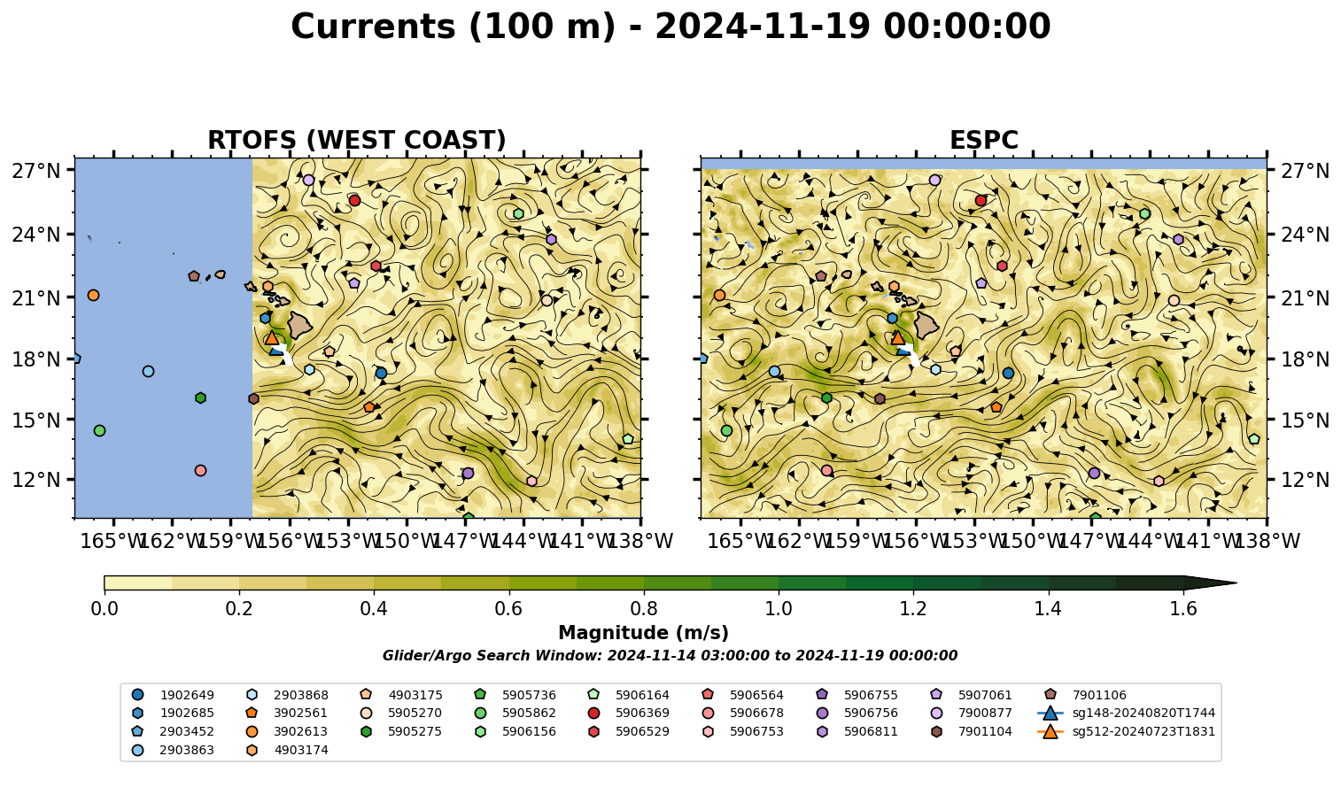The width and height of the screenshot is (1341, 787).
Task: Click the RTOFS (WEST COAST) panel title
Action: [x=357, y=140]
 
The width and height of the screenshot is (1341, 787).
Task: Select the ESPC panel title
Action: [x=983, y=140]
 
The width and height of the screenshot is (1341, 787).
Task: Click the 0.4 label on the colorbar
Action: [x=374, y=609]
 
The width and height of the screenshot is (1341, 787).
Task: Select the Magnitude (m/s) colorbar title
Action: [x=643, y=633]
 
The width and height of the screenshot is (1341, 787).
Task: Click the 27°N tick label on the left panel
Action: [x=36, y=171]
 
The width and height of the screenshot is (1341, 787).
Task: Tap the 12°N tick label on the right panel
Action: [x=1305, y=480]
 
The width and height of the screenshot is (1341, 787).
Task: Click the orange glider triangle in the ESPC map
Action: [x=897, y=337]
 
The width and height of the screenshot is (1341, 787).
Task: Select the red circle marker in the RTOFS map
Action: [x=354, y=200]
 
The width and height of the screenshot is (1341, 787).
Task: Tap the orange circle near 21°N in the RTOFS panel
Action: [x=93, y=295]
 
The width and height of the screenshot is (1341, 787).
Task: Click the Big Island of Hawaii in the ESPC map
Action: [x=926, y=325]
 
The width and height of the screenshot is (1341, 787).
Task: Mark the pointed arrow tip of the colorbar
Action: [x=1236, y=583]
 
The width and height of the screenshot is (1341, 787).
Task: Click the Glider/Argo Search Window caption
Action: [x=670, y=656]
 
